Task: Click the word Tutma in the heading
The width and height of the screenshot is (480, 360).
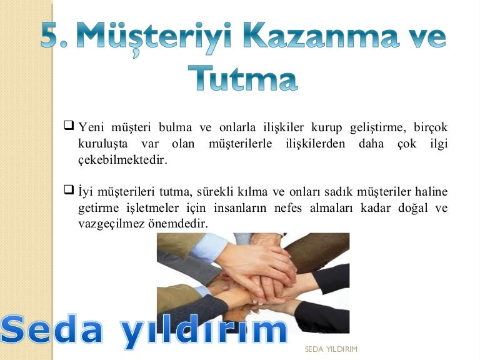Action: pos(242,78)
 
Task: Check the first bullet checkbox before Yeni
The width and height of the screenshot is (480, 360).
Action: pos(69,125)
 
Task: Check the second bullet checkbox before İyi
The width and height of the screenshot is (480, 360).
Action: pos(69,189)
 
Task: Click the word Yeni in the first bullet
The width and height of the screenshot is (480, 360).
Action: pos(91,127)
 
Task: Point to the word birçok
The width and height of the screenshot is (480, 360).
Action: pos(431,127)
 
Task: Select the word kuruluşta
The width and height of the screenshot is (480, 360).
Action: pos(102,144)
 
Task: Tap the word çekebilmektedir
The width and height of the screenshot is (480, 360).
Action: pos(122,160)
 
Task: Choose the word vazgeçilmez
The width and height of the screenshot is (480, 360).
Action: pos(111,224)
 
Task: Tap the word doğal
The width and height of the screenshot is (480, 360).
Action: pos(412,209)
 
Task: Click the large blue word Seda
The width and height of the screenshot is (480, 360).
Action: pos(51,329)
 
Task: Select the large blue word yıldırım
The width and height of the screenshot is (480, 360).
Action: pos(203,331)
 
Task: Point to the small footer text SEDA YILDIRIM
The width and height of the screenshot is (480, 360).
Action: pos(331,349)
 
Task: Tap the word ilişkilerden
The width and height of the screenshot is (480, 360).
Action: pos(315,144)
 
